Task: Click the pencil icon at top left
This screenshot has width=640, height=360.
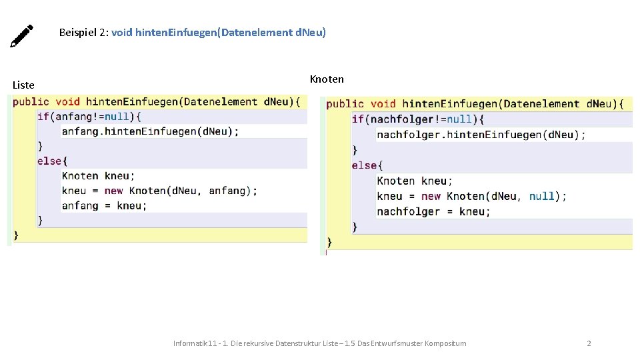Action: (x=21, y=36)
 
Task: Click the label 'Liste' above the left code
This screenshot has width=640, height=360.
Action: (x=23, y=85)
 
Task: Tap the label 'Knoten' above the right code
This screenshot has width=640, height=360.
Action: (x=327, y=79)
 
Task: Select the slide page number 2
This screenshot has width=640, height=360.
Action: (x=589, y=343)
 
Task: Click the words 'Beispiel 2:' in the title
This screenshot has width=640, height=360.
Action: (x=84, y=32)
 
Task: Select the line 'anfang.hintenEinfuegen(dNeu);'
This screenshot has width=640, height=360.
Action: (x=150, y=131)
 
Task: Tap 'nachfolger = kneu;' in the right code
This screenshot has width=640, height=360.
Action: (x=433, y=212)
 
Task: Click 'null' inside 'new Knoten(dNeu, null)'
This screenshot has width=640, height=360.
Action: (x=541, y=197)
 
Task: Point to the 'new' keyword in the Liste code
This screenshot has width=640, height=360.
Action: (x=114, y=191)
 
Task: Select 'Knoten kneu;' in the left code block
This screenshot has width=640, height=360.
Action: (x=98, y=176)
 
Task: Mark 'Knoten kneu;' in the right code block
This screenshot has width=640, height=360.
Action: (x=415, y=181)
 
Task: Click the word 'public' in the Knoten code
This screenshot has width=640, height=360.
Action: (x=345, y=104)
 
